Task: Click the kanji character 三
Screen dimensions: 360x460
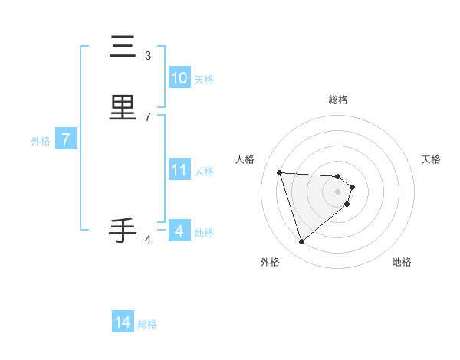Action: coord(123,47)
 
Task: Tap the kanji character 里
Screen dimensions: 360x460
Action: coord(123,108)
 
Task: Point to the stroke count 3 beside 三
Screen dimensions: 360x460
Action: coord(148,55)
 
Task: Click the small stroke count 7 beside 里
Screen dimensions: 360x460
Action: coord(148,116)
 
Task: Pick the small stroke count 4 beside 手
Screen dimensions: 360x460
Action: coord(148,240)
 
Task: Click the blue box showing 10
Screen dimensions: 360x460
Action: coord(179,78)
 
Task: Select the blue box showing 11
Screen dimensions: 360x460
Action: coord(179,170)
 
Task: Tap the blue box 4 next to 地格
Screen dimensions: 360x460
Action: coord(179,231)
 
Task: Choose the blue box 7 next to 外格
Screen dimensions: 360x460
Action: coord(66,139)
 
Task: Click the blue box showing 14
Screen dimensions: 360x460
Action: coord(123,322)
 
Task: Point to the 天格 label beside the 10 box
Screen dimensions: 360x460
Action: coord(204,80)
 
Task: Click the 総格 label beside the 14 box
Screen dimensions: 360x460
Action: coord(147,324)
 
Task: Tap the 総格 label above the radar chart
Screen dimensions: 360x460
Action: coord(338,100)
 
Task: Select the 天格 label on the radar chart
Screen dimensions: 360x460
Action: coord(432,159)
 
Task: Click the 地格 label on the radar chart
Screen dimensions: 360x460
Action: coord(402,262)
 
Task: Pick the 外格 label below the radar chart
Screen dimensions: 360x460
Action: coord(270,262)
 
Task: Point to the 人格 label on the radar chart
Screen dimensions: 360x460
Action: coord(245,159)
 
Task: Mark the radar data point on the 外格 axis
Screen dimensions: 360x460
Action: coord(302,242)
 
